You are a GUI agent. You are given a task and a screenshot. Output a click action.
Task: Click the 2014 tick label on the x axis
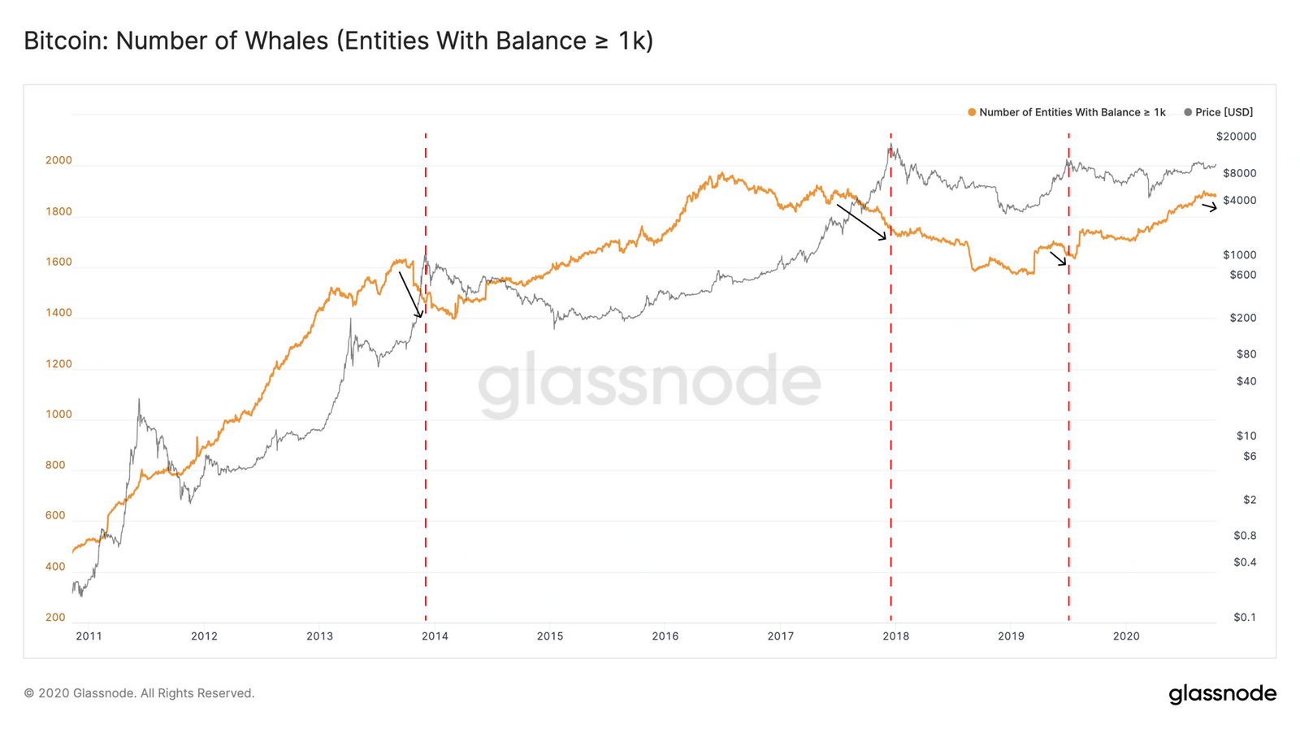pos(435,636)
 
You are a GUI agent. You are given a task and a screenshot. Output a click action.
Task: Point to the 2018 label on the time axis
pos(895,636)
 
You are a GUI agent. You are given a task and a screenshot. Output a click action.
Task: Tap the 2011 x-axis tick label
pos(89,636)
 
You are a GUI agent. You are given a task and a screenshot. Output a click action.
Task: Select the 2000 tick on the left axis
pos(58,161)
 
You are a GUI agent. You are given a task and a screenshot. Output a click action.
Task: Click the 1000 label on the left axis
pos(58,414)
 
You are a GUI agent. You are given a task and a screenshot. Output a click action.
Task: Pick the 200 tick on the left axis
pos(55,618)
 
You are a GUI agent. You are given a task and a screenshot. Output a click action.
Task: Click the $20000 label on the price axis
pos(1236,137)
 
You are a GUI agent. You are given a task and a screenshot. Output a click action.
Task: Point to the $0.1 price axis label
pos(1244,618)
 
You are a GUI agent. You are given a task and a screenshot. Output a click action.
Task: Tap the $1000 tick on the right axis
pos(1239,255)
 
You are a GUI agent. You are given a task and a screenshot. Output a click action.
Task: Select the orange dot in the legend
pos(972,112)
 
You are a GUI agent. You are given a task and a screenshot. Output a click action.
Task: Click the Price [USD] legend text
pos(1224,112)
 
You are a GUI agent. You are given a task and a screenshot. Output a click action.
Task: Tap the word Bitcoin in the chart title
pos(63,41)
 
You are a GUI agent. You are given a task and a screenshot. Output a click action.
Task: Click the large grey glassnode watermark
pos(649,383)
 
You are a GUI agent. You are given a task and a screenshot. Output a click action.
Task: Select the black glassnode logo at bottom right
pos(1222,694)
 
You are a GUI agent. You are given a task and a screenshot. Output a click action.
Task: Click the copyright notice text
pos(139,693)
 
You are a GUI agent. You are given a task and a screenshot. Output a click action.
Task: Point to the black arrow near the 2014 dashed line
pos(410,295)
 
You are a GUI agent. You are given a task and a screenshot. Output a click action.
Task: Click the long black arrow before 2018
pos(861,222)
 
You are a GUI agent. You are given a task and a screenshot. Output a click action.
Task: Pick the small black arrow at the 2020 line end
pos(1210,207)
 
